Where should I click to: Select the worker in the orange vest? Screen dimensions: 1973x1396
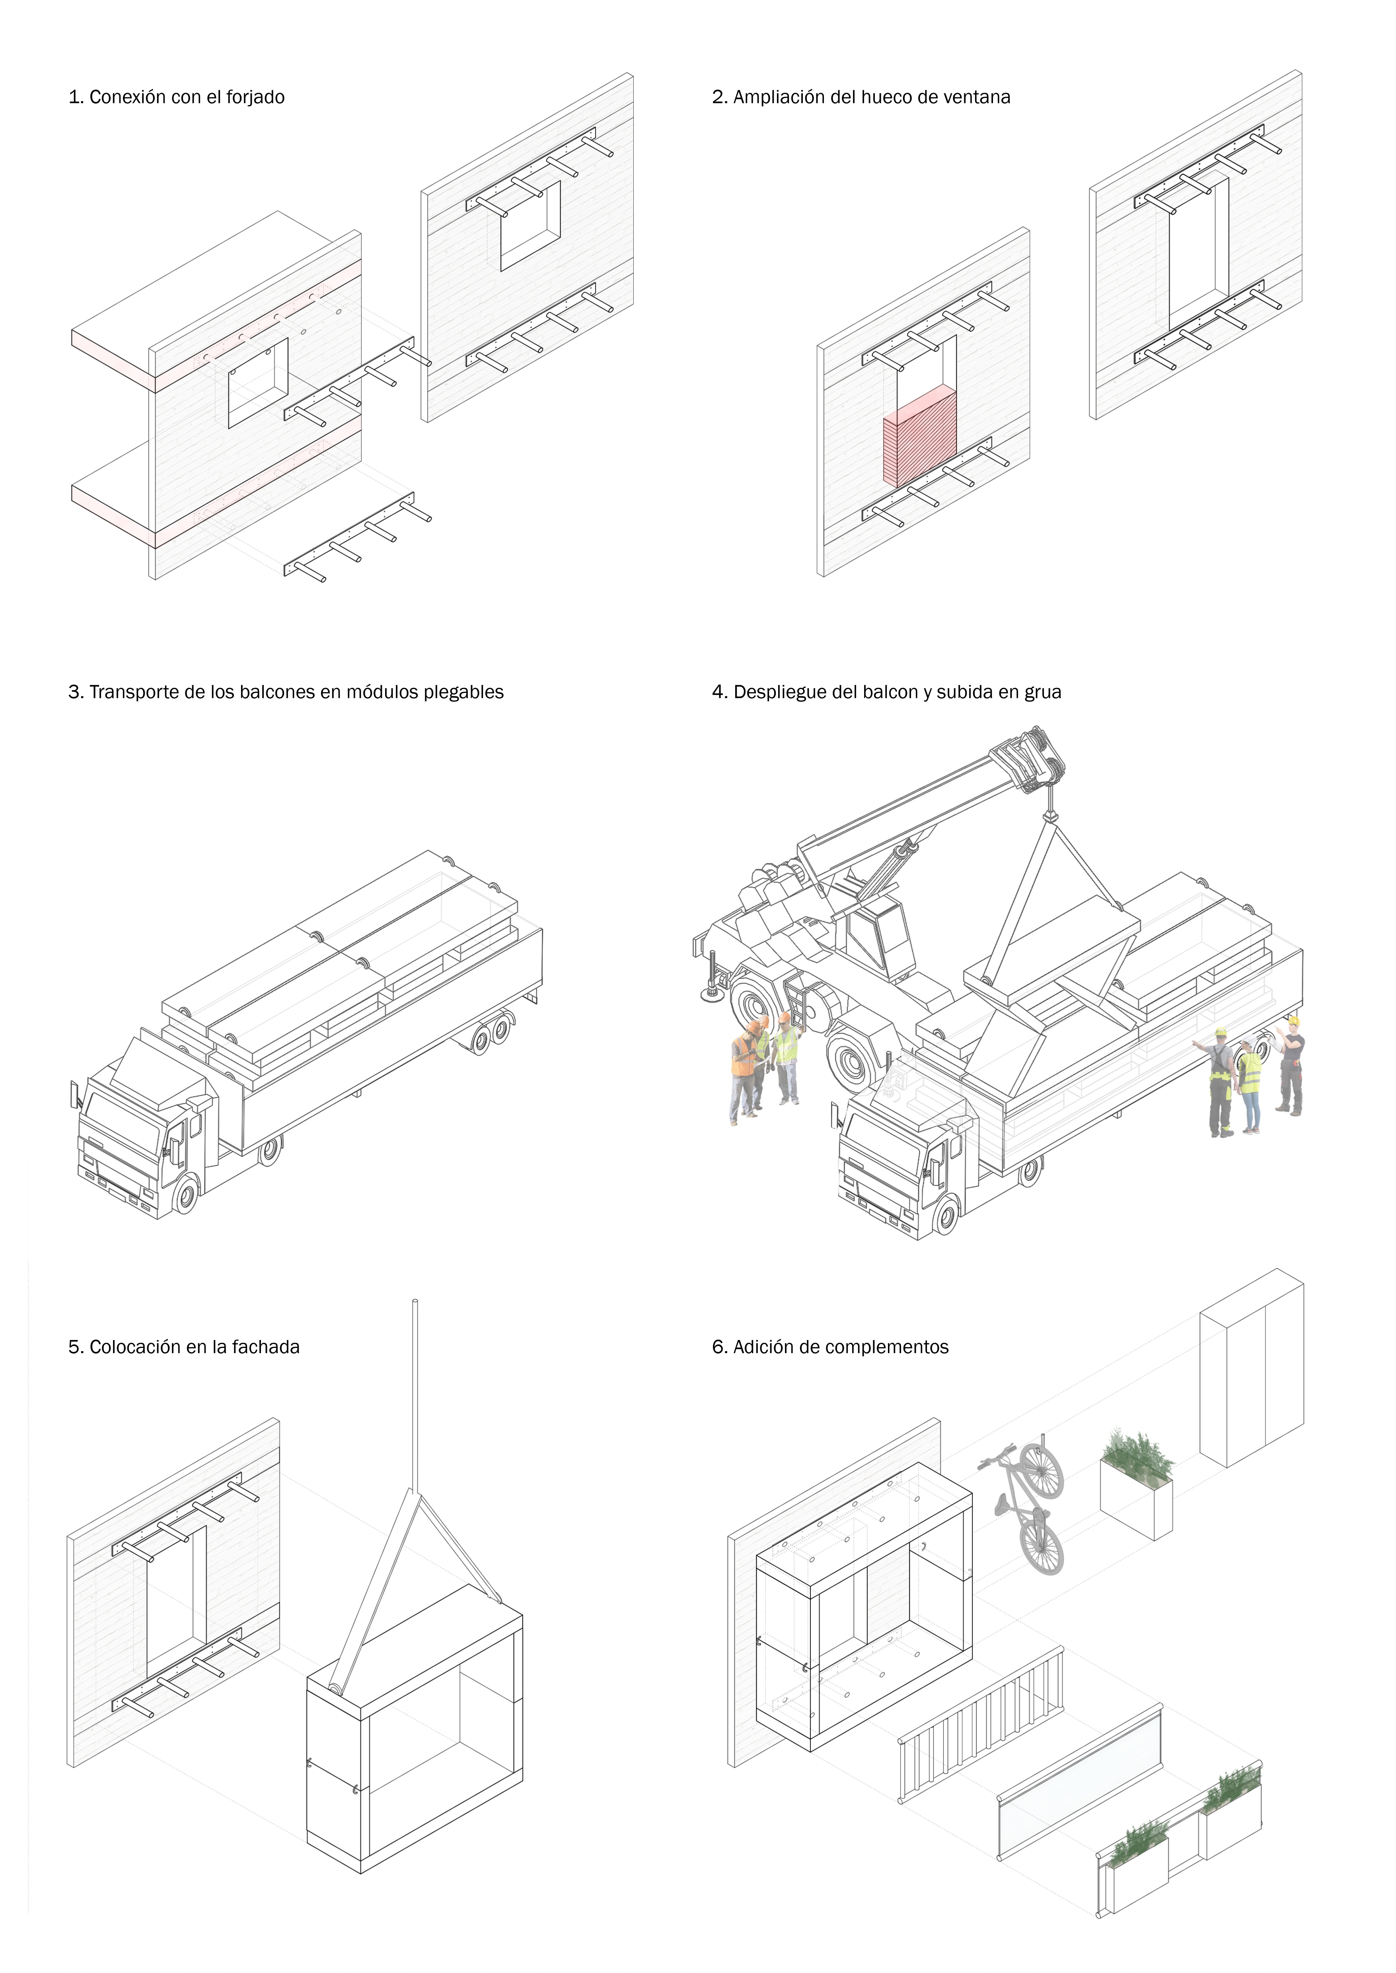coord(743,1066)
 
